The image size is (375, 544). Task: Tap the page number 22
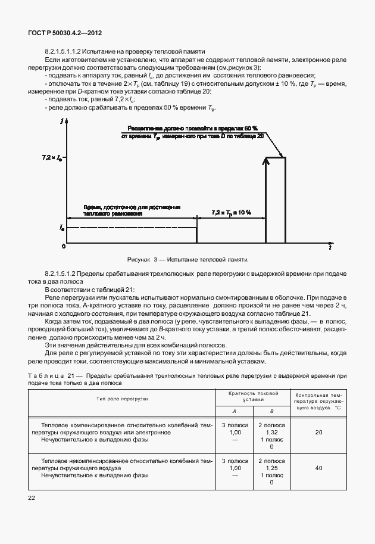pos(32,498)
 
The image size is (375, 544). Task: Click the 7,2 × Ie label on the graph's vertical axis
pos(51,158)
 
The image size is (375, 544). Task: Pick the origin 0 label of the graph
pos(63,246)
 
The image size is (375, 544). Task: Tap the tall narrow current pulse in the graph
pos(275,200)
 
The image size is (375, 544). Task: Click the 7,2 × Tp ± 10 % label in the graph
pos(232,213)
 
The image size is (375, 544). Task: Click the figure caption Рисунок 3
pos(187,260)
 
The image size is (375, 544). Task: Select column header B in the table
pos(271,411)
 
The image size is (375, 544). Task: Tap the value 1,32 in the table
pos(271,432)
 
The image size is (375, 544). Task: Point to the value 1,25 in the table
pos(271,468)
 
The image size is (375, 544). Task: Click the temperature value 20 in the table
pos(318,432)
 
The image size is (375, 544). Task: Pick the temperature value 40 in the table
pos(318,468)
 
